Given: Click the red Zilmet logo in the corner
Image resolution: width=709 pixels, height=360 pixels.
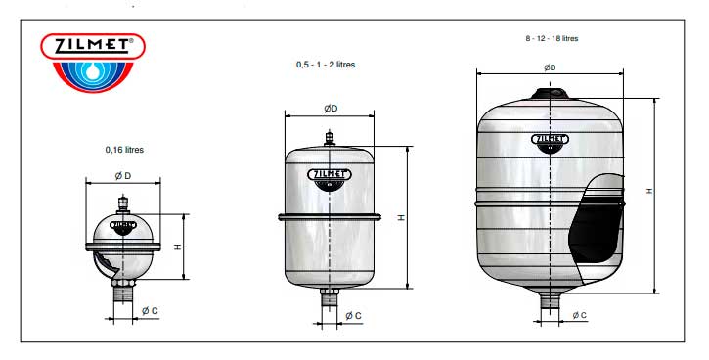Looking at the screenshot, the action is tap(93, 63).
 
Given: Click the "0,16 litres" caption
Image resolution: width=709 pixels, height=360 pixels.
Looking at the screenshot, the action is tap(124, 150).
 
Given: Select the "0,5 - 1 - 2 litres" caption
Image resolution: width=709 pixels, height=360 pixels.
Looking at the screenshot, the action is tap(326, 65).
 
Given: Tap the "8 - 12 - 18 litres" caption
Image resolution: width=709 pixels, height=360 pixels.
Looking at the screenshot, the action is tap(552, 38).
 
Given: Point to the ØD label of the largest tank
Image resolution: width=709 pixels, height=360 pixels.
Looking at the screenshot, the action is tap(550, 67).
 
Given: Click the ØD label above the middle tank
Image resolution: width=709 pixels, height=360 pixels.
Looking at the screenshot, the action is tap(331, 109).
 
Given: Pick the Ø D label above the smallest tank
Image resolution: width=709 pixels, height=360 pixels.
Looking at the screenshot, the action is tap(123, 176).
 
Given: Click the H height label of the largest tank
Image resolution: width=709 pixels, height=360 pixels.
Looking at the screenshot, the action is tap(649, 191).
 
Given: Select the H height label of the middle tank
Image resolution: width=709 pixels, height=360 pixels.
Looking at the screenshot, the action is tap(401, 217).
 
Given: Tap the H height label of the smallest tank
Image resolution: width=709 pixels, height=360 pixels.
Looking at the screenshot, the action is tap(178, 247).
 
